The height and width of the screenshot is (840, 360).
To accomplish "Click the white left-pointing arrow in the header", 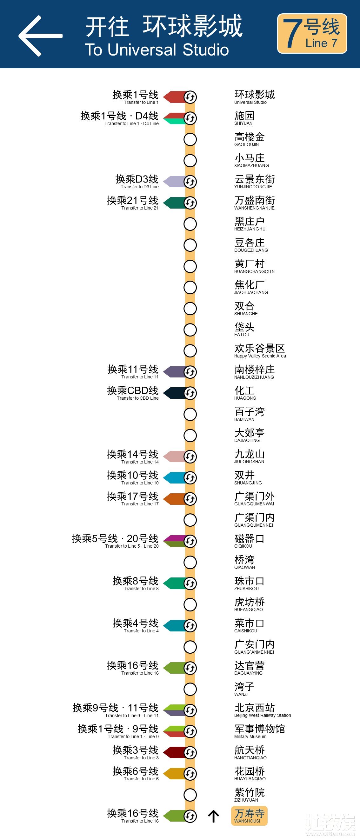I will [40, 36].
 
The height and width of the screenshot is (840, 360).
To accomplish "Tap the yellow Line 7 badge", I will [312, 33].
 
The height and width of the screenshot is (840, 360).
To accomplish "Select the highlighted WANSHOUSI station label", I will [249, 816].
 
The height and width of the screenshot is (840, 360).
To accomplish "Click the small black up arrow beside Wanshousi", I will [214, 816].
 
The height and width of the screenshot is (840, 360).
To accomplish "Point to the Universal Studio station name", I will [254, 97].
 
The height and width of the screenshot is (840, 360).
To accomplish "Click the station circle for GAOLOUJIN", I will [190, 139].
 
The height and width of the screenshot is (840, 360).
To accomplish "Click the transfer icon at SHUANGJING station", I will [190, 478].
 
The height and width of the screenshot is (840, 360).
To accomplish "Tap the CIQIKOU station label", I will [249, 541].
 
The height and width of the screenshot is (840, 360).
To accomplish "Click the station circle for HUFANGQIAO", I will [190, 604].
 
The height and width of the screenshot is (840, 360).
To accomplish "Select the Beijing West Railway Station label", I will [262, 710].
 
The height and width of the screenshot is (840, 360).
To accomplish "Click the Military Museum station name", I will [260, 731].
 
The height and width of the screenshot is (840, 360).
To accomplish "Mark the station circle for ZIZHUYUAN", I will [190, 795].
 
